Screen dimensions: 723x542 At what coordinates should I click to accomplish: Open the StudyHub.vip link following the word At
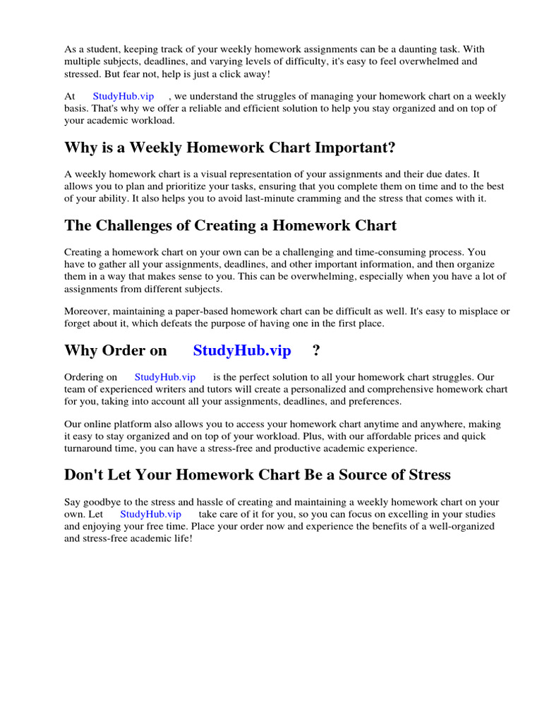pyautogui.click(x=123, y=96)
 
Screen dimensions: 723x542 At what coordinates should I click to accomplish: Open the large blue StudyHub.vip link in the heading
pyautogui.click(x=241, y=351)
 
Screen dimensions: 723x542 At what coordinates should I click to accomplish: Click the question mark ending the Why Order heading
pyautogui.click(x=316, y=351)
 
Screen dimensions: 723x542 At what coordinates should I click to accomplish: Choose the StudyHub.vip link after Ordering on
pyautogui.click(x=164, y=377)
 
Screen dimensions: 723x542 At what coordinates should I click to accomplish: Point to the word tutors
pyautogui.click(x=210, y=389)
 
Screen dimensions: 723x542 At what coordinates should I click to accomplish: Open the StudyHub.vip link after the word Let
pyautogui.click(x=150, y=514)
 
